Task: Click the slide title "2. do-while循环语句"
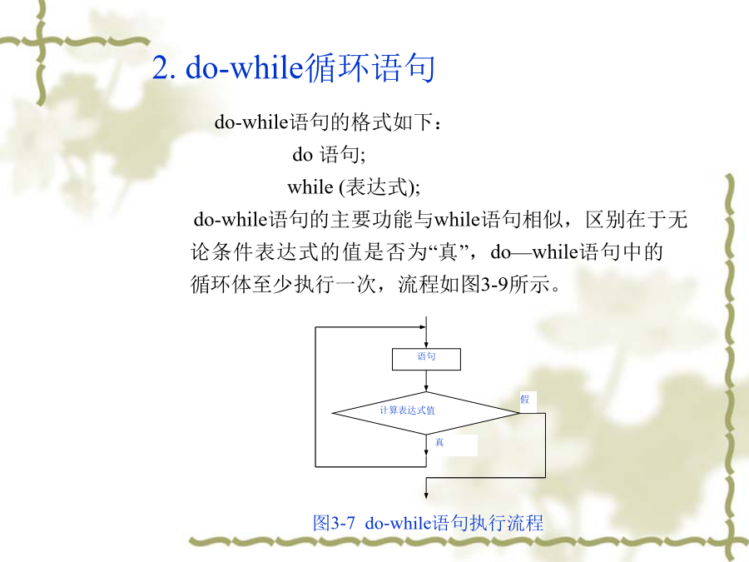click(293, 67)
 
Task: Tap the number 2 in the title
click(161, 67)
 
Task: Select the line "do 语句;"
click(329, 154)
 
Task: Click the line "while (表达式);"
click(354, 187)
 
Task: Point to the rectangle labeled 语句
click(426, 360)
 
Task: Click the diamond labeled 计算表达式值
click(426, 413)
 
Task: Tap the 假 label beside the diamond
click(524, 400)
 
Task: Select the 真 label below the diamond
click(439, 443)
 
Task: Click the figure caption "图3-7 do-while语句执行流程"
click(428, 522)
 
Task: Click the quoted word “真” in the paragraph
click(448, 251)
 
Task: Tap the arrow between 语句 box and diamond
click(426, 380)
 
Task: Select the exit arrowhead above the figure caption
click(426, 495)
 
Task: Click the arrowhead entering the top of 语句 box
click(426, 345)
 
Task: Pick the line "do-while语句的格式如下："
click(330, 122)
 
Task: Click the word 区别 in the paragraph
click(606, 219)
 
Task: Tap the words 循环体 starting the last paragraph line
click(221, 285)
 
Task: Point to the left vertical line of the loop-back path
click(315, 396)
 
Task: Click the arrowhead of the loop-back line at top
click(422, 327)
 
